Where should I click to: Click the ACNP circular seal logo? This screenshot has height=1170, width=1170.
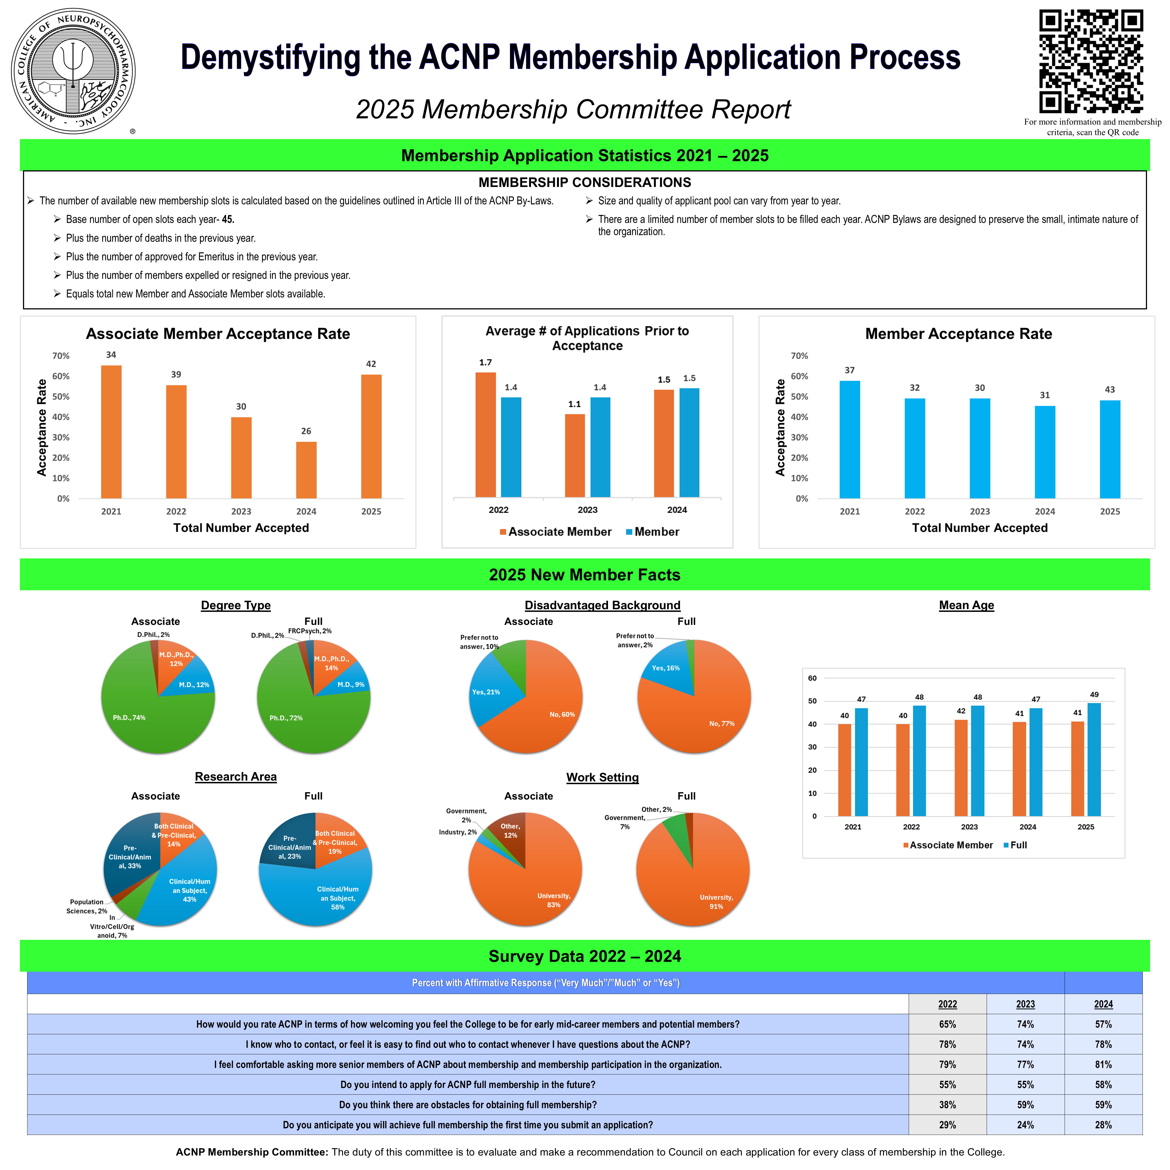tap(73, 71)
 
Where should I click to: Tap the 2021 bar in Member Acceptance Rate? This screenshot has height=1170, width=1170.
tap(850, 440)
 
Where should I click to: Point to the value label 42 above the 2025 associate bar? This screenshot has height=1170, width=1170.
tap(371, 364)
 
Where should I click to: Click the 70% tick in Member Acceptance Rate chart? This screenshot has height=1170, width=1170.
tap(799, 356)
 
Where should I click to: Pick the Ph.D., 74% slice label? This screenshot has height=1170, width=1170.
tap(129, 718)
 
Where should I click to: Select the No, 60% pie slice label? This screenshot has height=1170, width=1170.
tap(562, 715)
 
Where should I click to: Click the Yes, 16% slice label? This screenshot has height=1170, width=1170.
tap(666, 668)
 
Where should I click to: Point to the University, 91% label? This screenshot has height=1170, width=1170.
tap(716, 902)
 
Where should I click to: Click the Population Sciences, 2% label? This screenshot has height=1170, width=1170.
tap(87, 907)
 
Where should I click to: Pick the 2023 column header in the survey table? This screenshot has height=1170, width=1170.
tap(1025, 1004)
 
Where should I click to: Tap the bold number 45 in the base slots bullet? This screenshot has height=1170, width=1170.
tap(228, 219)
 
